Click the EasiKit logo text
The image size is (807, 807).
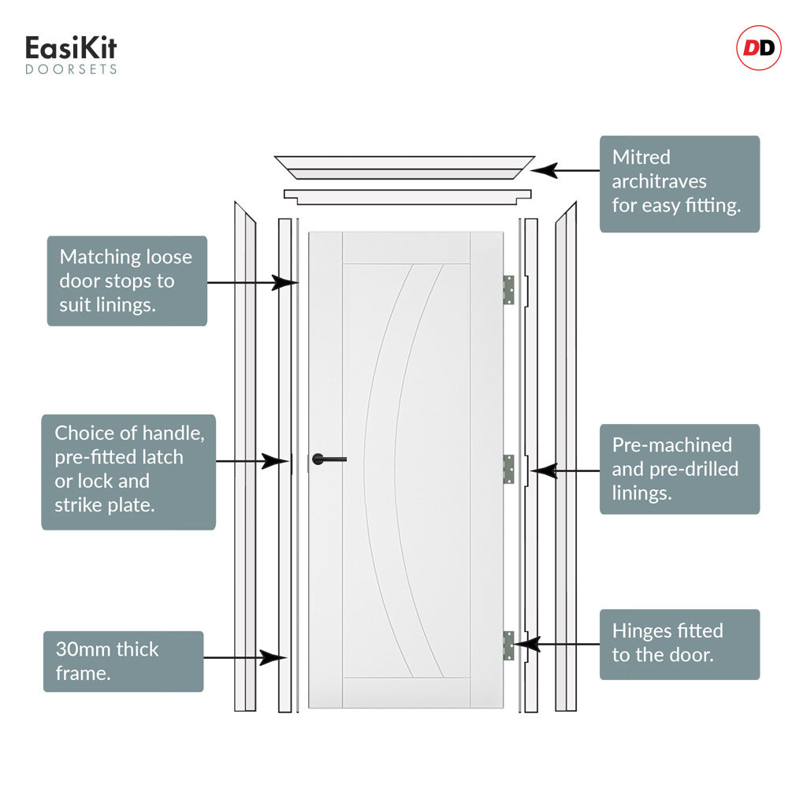point(71,48)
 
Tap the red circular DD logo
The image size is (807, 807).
point(759,48)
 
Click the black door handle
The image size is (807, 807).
point(329,459)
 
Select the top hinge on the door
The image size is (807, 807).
point(508,290)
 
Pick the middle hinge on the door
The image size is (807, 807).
point(508,469)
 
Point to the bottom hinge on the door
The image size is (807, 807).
point(508,645)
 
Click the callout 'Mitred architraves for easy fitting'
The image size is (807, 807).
point(679,184)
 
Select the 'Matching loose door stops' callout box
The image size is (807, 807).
point(127,281)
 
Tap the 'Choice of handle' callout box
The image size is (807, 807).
point(128,472)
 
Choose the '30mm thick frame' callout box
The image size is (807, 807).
point(124,661)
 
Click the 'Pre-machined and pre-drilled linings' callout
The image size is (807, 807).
point(679,469)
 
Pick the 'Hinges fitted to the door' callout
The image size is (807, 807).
point(679,645)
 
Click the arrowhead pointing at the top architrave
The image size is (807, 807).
point(544,170)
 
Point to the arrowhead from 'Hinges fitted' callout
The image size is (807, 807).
point(526,644)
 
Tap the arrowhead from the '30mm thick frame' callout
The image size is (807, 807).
point(273,658)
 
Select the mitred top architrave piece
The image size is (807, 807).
point(404,168)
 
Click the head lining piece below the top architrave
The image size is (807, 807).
point(407,197)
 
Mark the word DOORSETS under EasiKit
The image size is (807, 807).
point(71,69)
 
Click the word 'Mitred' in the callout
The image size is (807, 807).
point(642,157)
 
